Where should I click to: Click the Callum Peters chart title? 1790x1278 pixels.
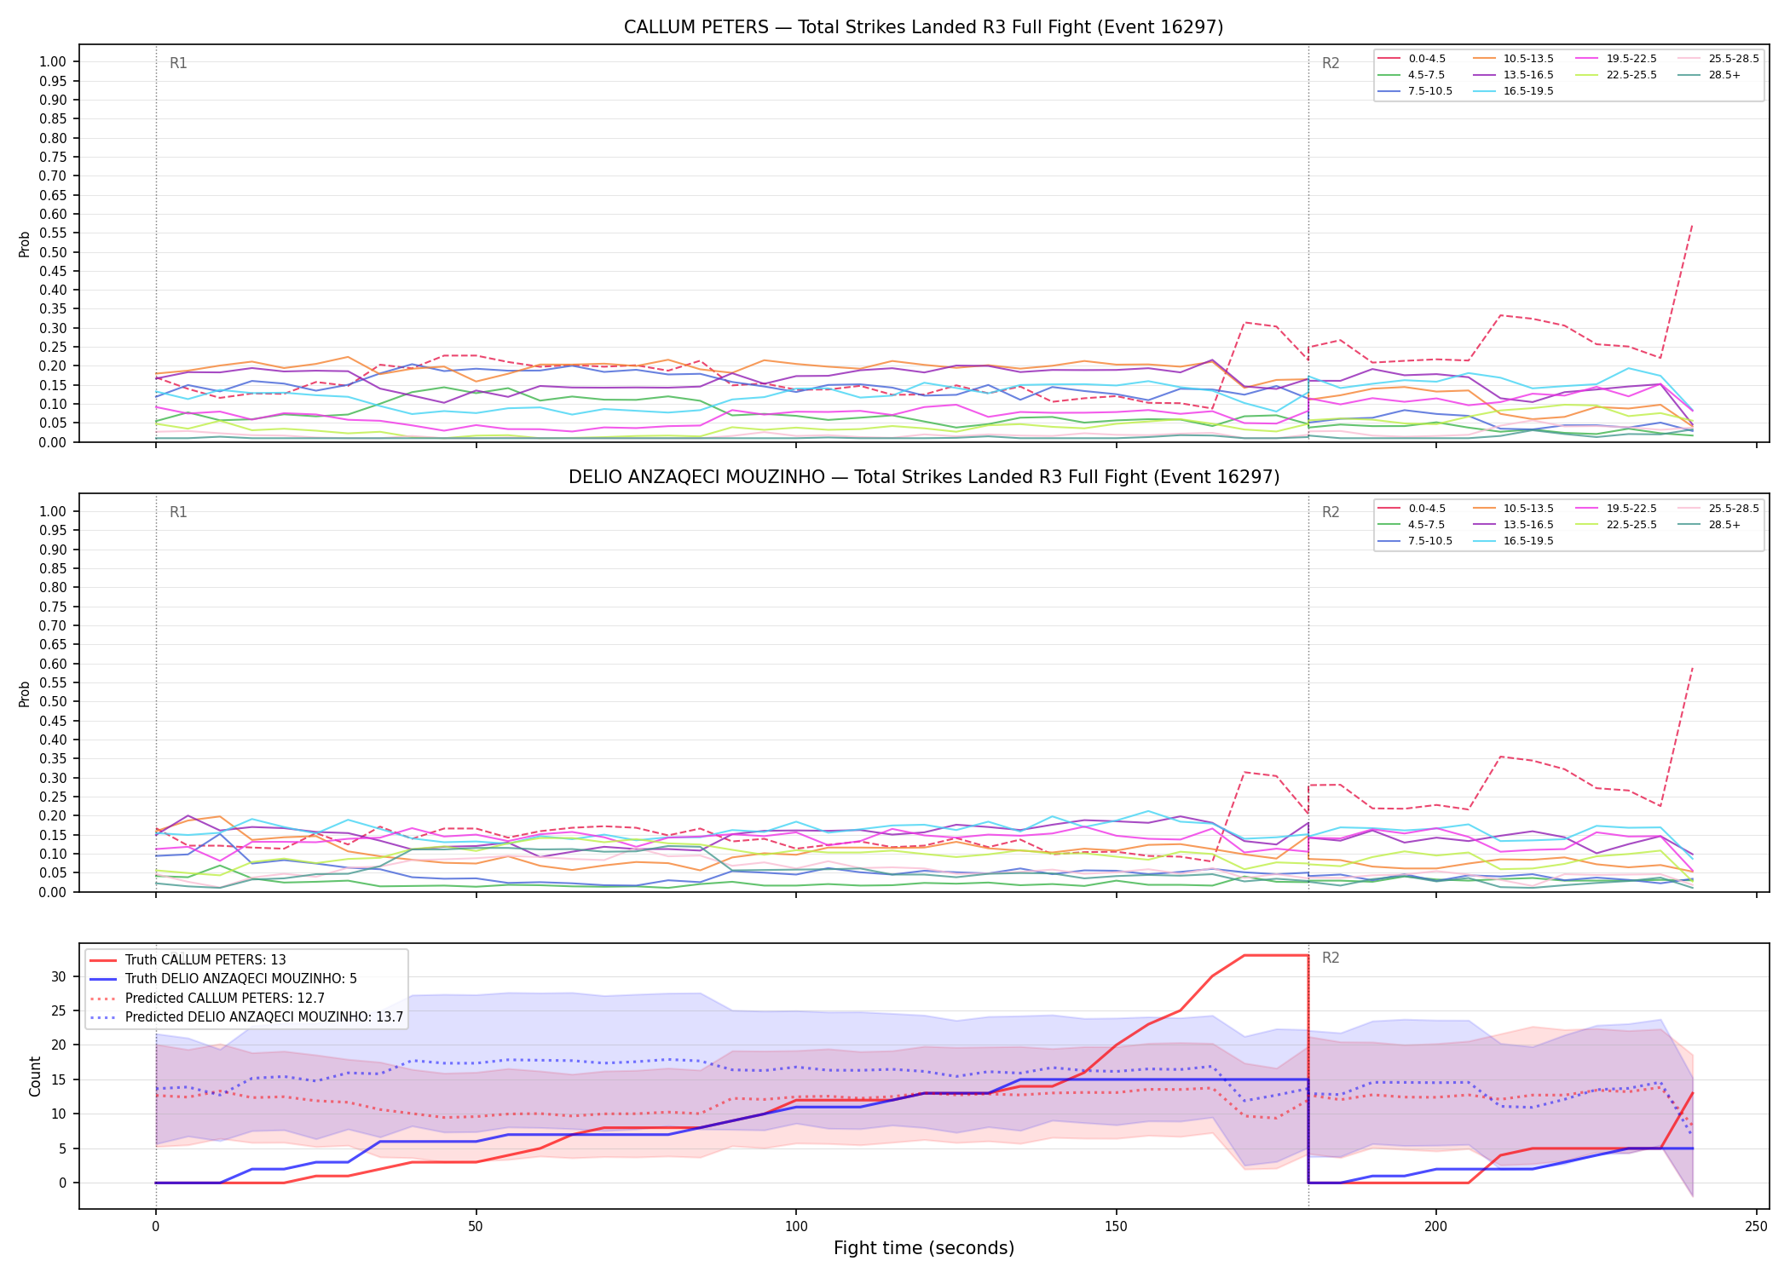coord(923,27)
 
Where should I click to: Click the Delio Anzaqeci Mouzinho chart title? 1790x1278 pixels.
coord(924,477)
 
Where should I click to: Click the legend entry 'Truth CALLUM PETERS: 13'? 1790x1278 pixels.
coord(188,960)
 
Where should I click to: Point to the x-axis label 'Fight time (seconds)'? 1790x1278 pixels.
coord(924,1248)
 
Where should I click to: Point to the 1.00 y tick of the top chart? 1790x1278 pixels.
coord(53,61)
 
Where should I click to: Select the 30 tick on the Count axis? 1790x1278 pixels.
coord(59,977)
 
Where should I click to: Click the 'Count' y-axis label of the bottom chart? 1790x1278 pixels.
coord(35,1076)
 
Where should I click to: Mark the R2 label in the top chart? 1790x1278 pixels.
coord(1331,63)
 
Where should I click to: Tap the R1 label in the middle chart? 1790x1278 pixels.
coord(178,512)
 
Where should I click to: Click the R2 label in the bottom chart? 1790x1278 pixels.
coord(1331,958)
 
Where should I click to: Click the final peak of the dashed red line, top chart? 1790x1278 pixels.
coord(1692,225)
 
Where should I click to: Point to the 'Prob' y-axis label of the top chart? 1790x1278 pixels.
coord(25,244)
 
